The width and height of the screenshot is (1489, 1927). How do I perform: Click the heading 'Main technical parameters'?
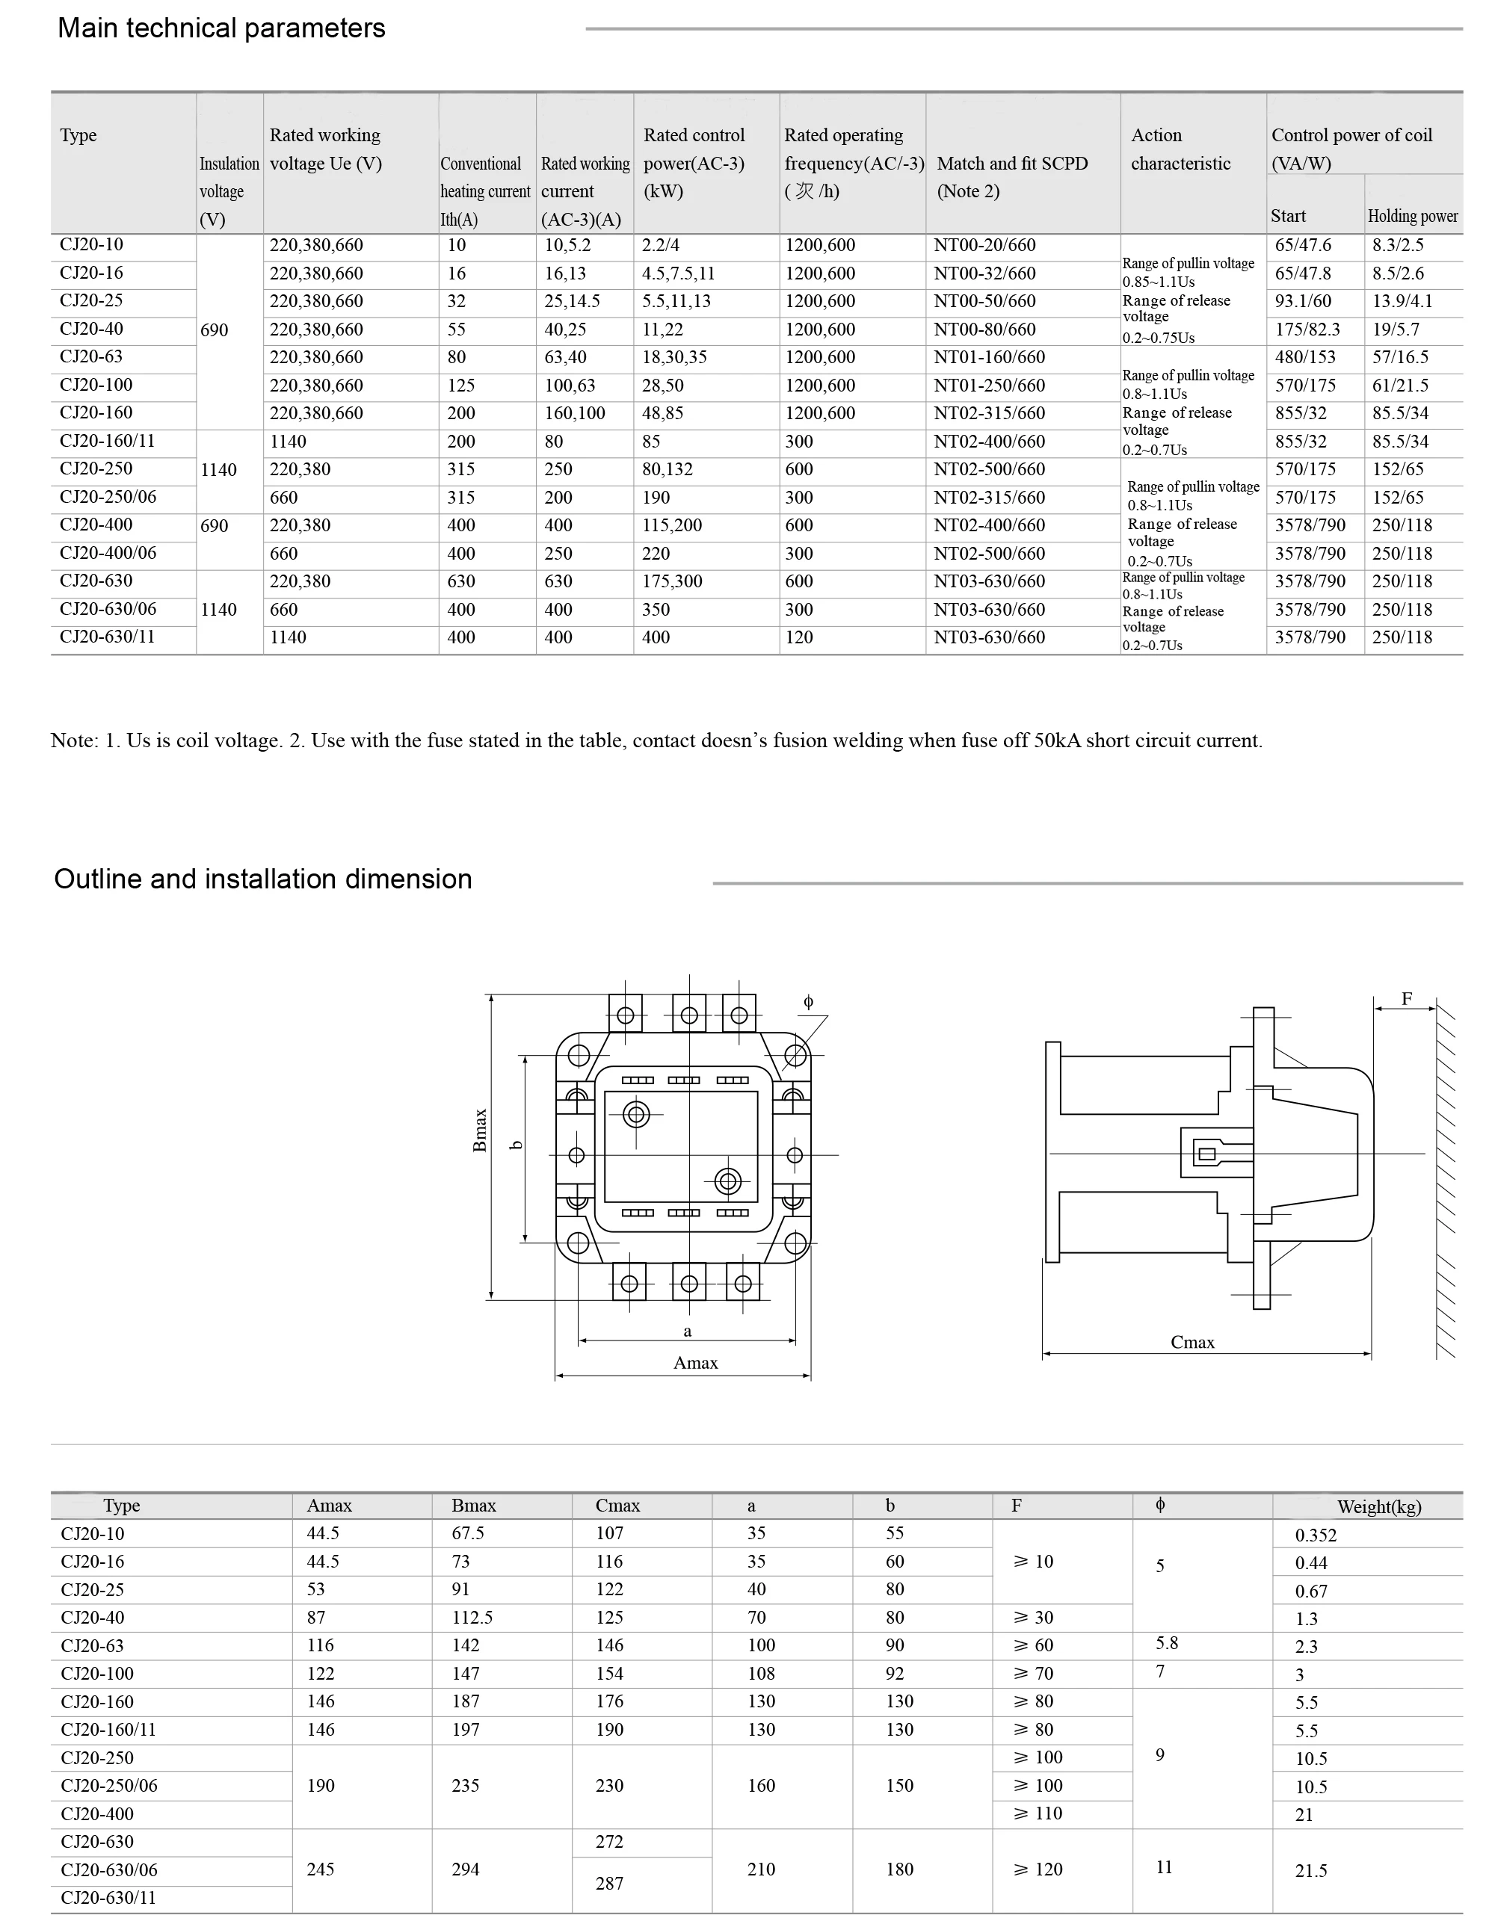coord(221,28)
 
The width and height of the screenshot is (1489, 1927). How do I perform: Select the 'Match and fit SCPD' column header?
coord(1011,163)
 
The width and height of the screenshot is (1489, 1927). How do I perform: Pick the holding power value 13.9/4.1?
coord(1402,301)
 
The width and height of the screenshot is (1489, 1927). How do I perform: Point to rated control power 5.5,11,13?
coord(675,301)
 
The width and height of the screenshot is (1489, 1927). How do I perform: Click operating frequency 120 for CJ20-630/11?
coord(799,637)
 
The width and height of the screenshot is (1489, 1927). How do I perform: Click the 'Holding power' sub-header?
coord(1412,215)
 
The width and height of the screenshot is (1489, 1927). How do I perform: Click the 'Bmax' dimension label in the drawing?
coord(480,1130)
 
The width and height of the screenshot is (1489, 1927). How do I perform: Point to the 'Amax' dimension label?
coord(694,1363)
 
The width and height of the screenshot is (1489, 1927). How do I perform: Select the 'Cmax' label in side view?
coord(1191,1342)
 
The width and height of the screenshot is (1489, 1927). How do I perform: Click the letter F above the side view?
coord(1407,999)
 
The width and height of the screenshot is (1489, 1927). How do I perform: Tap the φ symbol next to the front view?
coord(807,1001)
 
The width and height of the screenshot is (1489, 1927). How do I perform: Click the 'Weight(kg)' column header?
coord(1378,1507)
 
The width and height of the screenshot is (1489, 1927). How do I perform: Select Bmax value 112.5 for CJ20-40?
coord(472,1618)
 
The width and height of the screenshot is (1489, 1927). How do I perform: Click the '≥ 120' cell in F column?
coord(1038,1869)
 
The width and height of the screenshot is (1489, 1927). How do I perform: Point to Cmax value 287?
coord(609,1883)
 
